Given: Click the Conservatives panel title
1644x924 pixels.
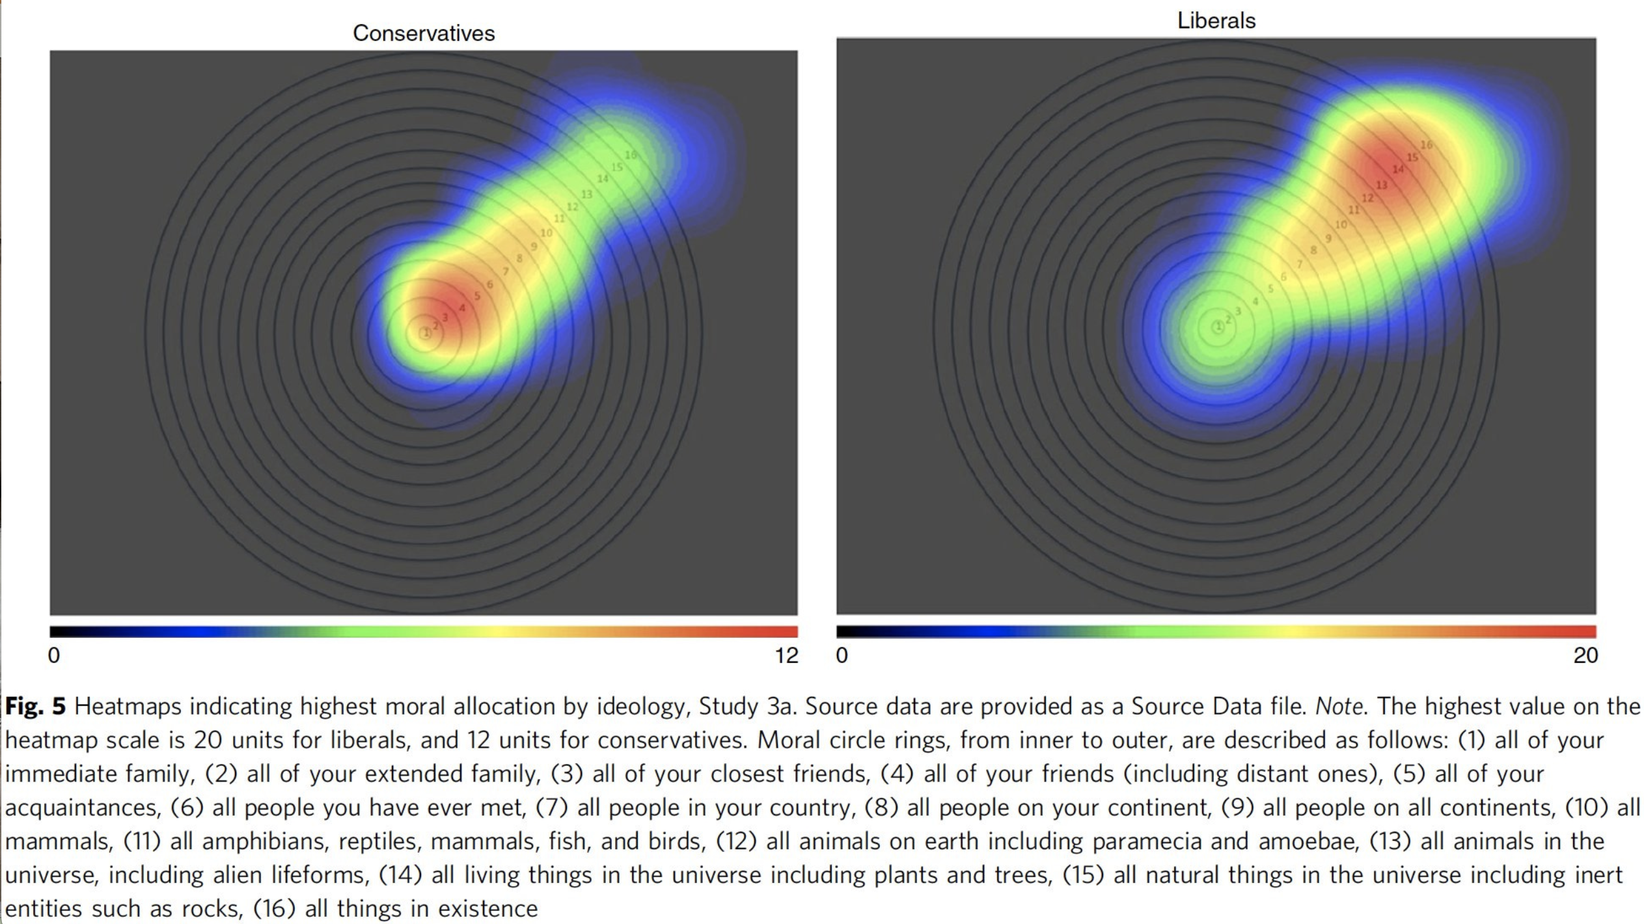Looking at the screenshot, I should click(424, 33).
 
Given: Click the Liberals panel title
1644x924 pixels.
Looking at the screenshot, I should click(1216, 21).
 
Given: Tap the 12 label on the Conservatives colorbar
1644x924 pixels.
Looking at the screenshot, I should click(786, 655).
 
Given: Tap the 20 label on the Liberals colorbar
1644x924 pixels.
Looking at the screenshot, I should click(1585, 655).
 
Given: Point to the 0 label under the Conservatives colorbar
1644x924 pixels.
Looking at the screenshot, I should click(54, 655).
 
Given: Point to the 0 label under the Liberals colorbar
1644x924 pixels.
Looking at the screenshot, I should click(842, 655).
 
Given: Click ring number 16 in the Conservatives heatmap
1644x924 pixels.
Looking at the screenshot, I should click(630, 155).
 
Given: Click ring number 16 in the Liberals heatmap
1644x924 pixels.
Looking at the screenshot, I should click(1426, 144).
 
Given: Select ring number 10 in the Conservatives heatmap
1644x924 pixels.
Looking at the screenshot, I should click(546, 233).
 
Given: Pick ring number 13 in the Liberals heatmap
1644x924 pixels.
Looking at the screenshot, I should click(1381, 185).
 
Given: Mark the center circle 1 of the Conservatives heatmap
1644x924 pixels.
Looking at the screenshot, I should click(425, 333).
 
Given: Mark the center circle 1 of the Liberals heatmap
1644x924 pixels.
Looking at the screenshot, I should click(1218, 327).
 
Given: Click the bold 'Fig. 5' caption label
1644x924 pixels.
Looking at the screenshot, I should click(36, 706).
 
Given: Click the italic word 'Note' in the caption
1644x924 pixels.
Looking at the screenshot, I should click(1339, 706).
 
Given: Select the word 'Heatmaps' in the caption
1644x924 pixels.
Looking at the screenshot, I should click(128, 706).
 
